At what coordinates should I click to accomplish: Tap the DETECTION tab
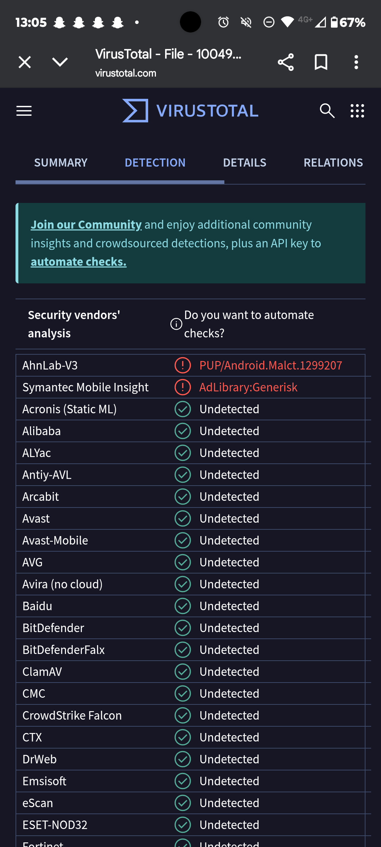tap(155, 163)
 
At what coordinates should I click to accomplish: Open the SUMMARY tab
tap(61, 163)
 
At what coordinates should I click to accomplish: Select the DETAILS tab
tap(244, 163)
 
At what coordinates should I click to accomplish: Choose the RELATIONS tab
tap(333, 163)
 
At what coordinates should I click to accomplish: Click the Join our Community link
tap(86, 225)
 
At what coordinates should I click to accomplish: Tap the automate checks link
tap(78, 262)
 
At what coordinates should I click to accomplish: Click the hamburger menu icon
tap(24, 111)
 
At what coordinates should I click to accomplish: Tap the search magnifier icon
tap(327, 111)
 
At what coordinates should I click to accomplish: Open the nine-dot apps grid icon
tap(357, 111)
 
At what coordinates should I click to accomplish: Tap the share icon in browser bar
tap(286, 62)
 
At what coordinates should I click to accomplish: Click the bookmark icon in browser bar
tap(321, 62)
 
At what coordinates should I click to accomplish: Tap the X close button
tap(25, 62)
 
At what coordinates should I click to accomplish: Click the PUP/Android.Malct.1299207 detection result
tap(271, 365)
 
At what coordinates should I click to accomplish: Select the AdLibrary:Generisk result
tap(248, 387)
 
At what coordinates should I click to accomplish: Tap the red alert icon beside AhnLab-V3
tap(183, 365)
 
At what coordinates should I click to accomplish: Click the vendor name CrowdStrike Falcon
tap(72, 715)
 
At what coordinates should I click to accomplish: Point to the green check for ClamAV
tap(183, 672)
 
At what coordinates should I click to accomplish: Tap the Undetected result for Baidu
tap(229, 606)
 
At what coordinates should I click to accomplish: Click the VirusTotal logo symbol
tap(135, 111)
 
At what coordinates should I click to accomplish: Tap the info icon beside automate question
tap(176, 324)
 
